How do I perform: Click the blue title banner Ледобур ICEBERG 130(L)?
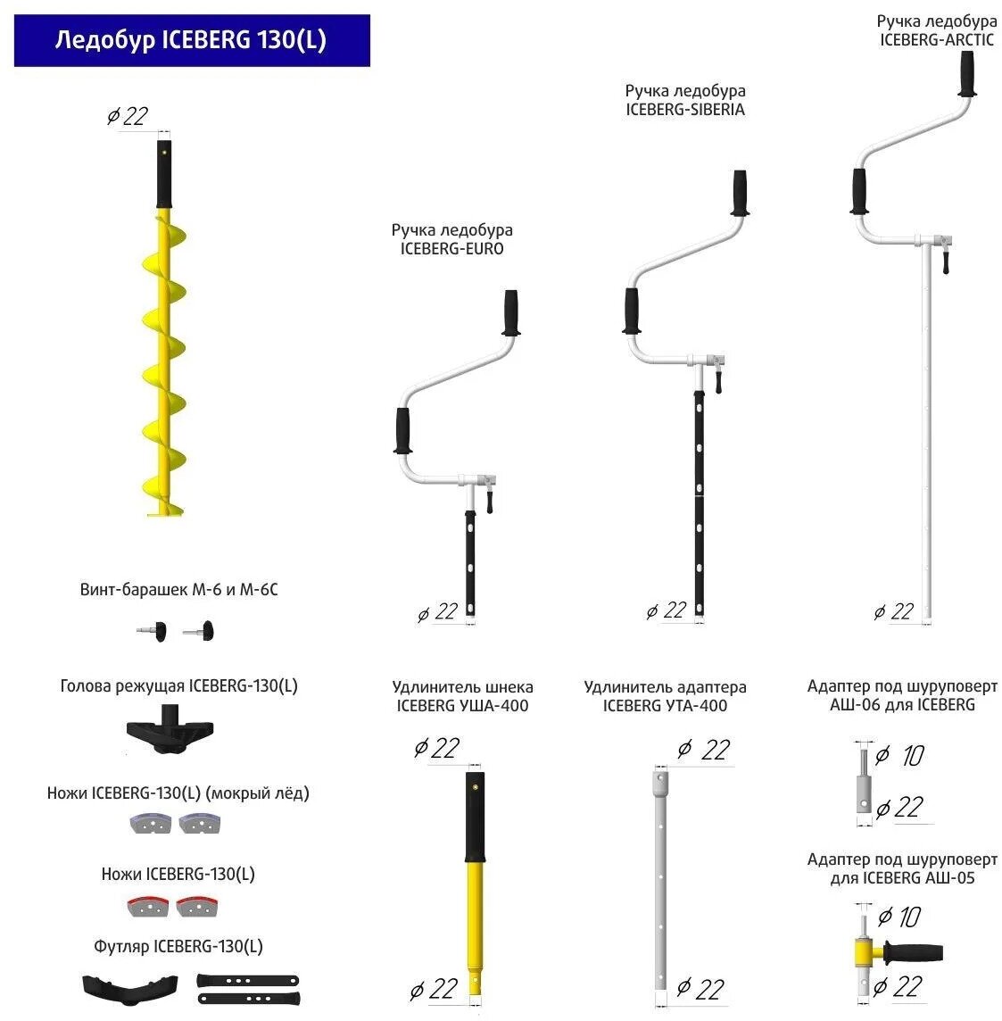191,40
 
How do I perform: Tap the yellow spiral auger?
164,366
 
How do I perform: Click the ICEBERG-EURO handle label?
451,239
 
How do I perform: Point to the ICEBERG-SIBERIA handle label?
684,100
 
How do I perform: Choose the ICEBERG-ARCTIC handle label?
936,30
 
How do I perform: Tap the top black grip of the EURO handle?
512,312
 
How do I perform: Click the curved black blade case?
124,985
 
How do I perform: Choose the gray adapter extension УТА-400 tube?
659,884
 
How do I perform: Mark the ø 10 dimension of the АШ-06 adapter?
900,756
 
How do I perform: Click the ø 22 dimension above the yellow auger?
128,116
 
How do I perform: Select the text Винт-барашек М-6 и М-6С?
178,590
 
